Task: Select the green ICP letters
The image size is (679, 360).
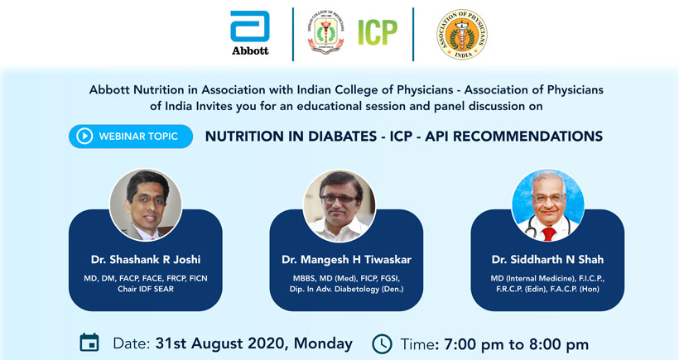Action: [378, 33]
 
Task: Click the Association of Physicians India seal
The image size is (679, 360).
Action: [461, 34]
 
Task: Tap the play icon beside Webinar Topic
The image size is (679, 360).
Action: [84, 137]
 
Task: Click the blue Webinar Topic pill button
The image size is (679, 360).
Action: [130, 137]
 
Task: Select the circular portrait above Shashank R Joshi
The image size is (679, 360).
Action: [146, 205]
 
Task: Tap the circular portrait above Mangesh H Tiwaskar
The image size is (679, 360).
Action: [339, 205]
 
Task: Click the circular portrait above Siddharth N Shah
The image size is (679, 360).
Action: [547, 205]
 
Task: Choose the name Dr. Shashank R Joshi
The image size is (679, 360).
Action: [146, 260]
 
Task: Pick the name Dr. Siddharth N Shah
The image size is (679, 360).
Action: [547, 260]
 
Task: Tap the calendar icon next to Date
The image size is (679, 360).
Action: [89, 343]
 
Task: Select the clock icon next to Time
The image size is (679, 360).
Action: [382, 343]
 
